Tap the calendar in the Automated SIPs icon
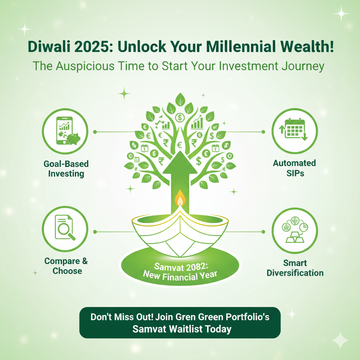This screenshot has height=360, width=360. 295,129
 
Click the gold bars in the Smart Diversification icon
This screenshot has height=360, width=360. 295,237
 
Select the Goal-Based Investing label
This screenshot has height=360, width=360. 66,169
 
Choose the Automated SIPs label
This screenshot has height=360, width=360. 295,168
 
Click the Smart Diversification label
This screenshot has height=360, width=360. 295,268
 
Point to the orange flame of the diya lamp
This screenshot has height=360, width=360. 180,198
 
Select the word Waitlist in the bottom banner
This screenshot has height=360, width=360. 186,329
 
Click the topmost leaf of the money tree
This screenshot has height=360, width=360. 180,100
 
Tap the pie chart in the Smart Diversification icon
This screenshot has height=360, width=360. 303,227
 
